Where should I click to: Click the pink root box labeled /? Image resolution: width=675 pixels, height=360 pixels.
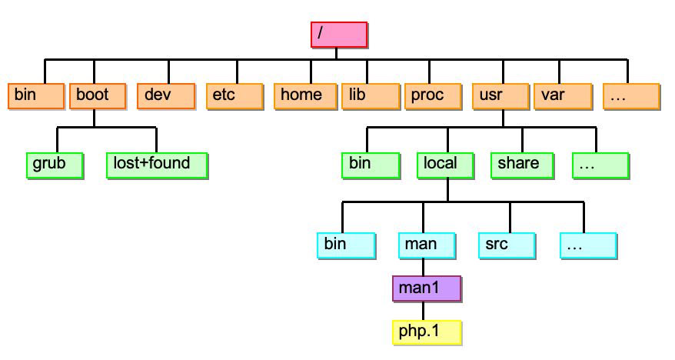[339, 35]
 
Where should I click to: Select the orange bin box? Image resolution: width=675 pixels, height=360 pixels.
[36, 96]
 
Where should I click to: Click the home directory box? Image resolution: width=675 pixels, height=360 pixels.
[304, 96]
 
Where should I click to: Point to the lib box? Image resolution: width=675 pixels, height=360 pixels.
[370, 96]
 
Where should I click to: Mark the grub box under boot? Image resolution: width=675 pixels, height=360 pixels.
[55, 165]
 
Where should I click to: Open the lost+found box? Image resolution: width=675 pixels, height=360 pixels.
[158, 165]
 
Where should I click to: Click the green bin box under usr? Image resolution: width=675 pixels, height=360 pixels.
[371, 165]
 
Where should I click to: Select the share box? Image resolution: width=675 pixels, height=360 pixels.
[520, 165]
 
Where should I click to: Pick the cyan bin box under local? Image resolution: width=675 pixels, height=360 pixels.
[346, 244]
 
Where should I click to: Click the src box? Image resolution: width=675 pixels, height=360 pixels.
[506, 244]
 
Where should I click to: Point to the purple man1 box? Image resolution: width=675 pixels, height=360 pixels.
[426, 288]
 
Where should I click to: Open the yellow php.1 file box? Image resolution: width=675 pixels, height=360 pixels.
[426, 332]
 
